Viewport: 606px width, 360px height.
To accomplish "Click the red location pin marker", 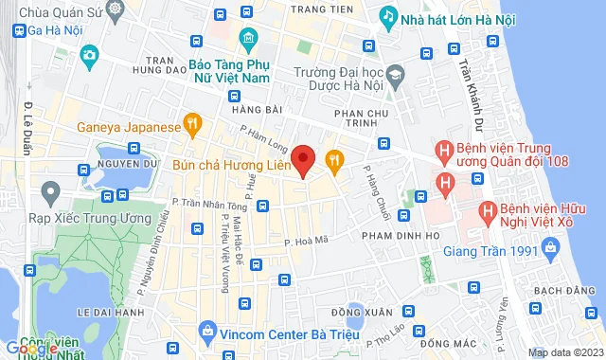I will click(303, 160).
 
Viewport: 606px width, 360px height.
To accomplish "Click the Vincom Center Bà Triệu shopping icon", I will click(206, 331).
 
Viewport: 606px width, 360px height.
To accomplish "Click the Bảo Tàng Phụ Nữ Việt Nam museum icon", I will click(250, 38).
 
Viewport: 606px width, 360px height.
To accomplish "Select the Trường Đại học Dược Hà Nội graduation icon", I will click(394, 75).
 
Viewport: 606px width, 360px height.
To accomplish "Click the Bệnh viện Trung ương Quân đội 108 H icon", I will click(443, 150).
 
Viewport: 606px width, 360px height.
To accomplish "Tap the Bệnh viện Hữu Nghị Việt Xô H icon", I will click(488, 210).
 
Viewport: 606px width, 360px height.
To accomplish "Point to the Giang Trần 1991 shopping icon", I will click(548, 250).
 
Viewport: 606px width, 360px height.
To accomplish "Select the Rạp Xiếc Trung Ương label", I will click(72, 218).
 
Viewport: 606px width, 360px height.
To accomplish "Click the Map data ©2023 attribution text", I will click(563, 352).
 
